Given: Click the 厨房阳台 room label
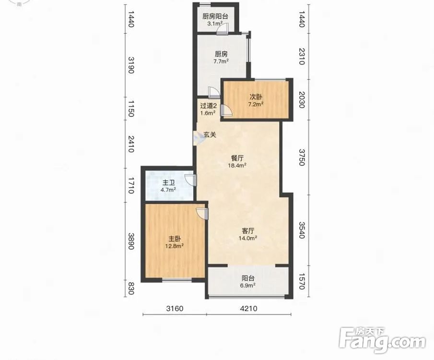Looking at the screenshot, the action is pyautogui.click(x=215, y=16).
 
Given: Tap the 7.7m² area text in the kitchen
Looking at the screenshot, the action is pyautogui.click(x=221, y=61).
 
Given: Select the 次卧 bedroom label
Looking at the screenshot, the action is pyautogui.click(x=256, y=97).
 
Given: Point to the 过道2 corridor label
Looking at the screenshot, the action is pyautogui.click(x=208, y=106).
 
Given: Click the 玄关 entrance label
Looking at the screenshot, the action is pyautogui.click(x=210, y=135).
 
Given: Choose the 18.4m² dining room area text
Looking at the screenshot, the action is pyautogui.click(x=237, y=166).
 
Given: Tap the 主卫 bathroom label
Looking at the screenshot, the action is pyautogui.click(x=168, y=183).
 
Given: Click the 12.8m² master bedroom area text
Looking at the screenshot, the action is pyautogui.click(x=175, y=246).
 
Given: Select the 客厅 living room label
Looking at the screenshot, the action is pyautogui.click(x=248, y=231).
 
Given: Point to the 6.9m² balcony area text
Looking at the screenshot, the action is pyautogui.click(x=248, y=286).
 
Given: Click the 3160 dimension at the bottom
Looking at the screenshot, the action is pyautogui.click(x=175, y=308).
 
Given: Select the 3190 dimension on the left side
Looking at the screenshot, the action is pyautogui.click(x=131, y=65).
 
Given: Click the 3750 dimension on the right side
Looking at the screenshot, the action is pyautogui.click(x=302, y=157).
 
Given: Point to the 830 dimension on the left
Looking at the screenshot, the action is pyautogui.click(x=131, y=288).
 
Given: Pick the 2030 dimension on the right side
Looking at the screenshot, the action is pyautogui.click(x=302, y=100).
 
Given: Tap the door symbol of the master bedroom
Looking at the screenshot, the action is pyautogui.click(x=202, y=214).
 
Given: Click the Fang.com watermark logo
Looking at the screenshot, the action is pyautogui.click(x=382, y=340).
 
